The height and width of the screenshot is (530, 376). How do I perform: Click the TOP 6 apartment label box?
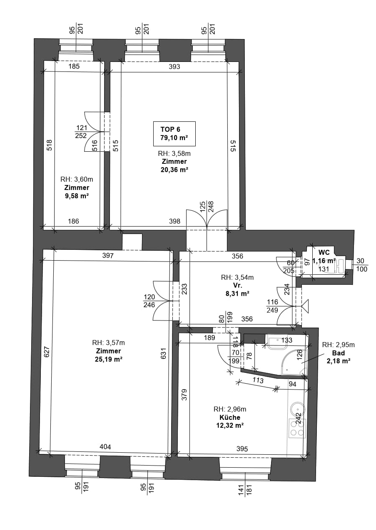coord(174,134)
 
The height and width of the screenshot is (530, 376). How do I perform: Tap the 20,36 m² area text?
coord(174,170)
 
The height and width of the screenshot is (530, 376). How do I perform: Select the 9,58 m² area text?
coord(77,196)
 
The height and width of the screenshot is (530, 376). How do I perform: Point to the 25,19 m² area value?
coord(109,359)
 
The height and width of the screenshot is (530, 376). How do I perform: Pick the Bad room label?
coord(338,353)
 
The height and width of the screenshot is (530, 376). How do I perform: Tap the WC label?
coord(324,252)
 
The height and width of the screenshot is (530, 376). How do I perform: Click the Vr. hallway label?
coord(237,285)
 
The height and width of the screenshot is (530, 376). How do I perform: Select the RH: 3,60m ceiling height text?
coord(77,179)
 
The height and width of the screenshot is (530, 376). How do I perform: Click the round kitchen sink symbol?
coord(298,409)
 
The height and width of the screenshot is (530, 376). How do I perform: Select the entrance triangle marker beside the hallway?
coord(305,306)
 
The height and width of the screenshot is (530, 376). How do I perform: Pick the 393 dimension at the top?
coord(174,67)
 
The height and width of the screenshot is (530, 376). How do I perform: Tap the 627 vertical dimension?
coord(47,352)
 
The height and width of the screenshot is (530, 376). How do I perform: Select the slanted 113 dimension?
coord(258,380)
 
